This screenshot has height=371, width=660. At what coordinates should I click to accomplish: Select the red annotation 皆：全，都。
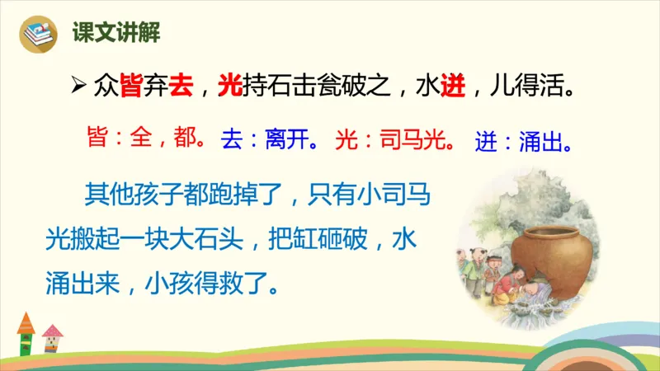coord(146,139)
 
